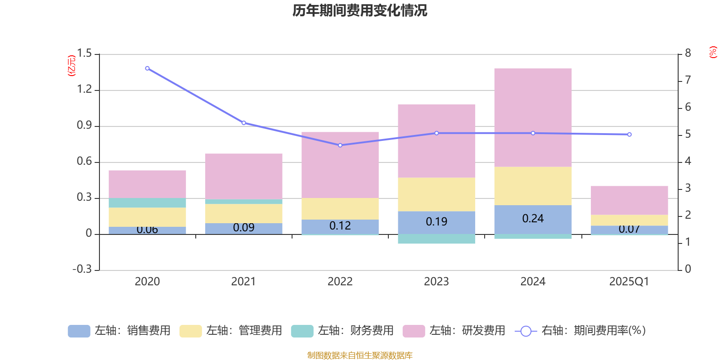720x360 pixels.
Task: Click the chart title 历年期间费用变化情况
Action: point(360,10)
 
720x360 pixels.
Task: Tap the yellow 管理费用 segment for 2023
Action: point(436,194)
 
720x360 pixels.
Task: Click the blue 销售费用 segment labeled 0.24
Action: point(533,219)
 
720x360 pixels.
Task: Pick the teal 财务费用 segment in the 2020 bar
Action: point(147,203)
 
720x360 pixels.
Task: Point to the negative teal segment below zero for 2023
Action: point(436,239)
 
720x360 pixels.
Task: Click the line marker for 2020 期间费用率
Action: point(147,68)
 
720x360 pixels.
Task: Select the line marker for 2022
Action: point(340,145)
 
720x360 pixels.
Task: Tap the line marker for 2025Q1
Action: point(629,135)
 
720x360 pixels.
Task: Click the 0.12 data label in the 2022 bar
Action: point(340,226)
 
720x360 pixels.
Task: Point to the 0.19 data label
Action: point(436,222)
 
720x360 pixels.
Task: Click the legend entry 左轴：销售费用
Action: point(120,331)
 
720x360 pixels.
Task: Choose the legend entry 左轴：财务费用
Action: point(343,331)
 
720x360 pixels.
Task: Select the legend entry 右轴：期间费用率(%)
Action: point(580,331)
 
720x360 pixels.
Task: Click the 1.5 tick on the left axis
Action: point(84,54)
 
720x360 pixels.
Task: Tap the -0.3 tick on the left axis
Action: point(82,269)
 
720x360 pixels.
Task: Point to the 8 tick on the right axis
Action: point(688,53)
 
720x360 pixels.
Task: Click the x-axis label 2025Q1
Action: point(629,282)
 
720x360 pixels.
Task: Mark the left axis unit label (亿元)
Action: point(72,66)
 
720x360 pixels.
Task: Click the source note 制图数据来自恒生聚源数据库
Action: point(360,355)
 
